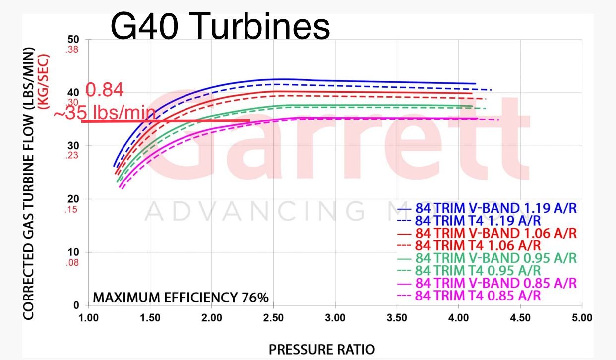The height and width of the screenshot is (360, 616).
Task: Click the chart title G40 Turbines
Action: point(220,27)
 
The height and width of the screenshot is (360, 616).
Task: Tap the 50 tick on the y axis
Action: point(73,40)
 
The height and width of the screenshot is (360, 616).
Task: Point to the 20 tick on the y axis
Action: point(73,199)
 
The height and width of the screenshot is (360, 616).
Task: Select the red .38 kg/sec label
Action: point(72,50)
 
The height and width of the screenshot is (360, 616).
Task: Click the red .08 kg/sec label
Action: point(72,263)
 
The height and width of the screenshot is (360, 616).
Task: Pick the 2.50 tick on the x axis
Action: point(273,318)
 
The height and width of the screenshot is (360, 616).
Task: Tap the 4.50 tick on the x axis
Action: point(520,318)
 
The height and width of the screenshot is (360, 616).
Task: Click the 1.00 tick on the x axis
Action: point(89,318)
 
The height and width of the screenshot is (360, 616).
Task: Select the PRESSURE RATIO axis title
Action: point(322,350)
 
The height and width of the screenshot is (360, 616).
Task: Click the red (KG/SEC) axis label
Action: point(44,82)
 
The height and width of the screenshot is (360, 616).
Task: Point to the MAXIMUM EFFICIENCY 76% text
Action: point(181,298)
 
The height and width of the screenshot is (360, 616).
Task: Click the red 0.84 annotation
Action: point(105,90)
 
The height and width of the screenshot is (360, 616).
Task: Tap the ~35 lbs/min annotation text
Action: point(105,112)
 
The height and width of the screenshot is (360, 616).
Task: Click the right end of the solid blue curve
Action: point(476,84)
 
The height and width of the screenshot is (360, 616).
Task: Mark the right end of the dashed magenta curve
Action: point(498,120)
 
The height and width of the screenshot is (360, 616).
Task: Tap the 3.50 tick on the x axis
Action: point(397,318)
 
